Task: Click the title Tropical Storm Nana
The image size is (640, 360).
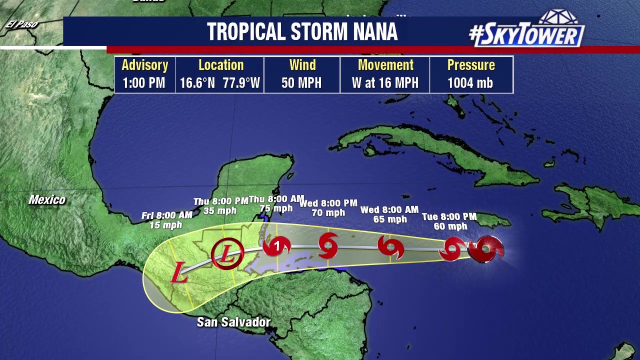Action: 302,32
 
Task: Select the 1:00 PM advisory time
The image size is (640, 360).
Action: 144,83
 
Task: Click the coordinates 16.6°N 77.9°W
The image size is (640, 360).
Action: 220,83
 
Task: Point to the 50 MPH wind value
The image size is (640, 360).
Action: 301,83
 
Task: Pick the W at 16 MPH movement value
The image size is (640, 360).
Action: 385,83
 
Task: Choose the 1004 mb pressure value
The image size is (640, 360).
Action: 470,83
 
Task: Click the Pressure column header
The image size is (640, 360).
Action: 471,65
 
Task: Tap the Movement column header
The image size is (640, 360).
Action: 385,65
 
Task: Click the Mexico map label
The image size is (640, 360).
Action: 47,200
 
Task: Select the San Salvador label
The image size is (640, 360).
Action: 233,322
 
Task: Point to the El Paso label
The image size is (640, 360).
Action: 22,24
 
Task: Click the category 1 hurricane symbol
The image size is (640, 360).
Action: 277,246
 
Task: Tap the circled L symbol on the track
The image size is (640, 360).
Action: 227,254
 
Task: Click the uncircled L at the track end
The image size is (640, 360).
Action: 178,273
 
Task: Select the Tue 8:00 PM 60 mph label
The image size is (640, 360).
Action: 449,221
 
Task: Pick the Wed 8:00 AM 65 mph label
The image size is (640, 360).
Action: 389,214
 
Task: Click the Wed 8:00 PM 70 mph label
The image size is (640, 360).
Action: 328,207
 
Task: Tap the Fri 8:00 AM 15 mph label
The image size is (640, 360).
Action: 166,220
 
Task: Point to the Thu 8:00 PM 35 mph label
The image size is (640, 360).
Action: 220,206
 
